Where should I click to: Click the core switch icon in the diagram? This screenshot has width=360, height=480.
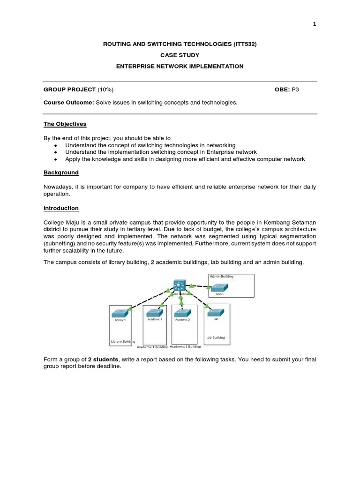point(180,285)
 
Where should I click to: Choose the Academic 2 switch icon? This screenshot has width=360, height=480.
point(182,313)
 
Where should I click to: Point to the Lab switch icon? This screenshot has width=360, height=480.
point(216,312)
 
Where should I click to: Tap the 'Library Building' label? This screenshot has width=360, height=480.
point(123,341)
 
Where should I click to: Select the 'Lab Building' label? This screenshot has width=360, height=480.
point(216,337)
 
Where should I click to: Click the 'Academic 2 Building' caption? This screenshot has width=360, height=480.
point(185,347)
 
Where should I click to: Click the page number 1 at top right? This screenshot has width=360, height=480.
point(315,24)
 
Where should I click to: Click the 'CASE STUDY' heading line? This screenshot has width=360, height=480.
point(180,55)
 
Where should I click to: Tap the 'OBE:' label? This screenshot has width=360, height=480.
point(282,89)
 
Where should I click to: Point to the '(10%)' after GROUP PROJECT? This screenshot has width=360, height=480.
point(105,89)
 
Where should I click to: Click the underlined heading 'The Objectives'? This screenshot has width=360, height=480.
point(65,124)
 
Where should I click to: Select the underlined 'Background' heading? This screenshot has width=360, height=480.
point(61,172)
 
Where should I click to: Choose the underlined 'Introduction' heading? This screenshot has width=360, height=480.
point(61,208)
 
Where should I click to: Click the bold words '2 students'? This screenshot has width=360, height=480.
point(104,359)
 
